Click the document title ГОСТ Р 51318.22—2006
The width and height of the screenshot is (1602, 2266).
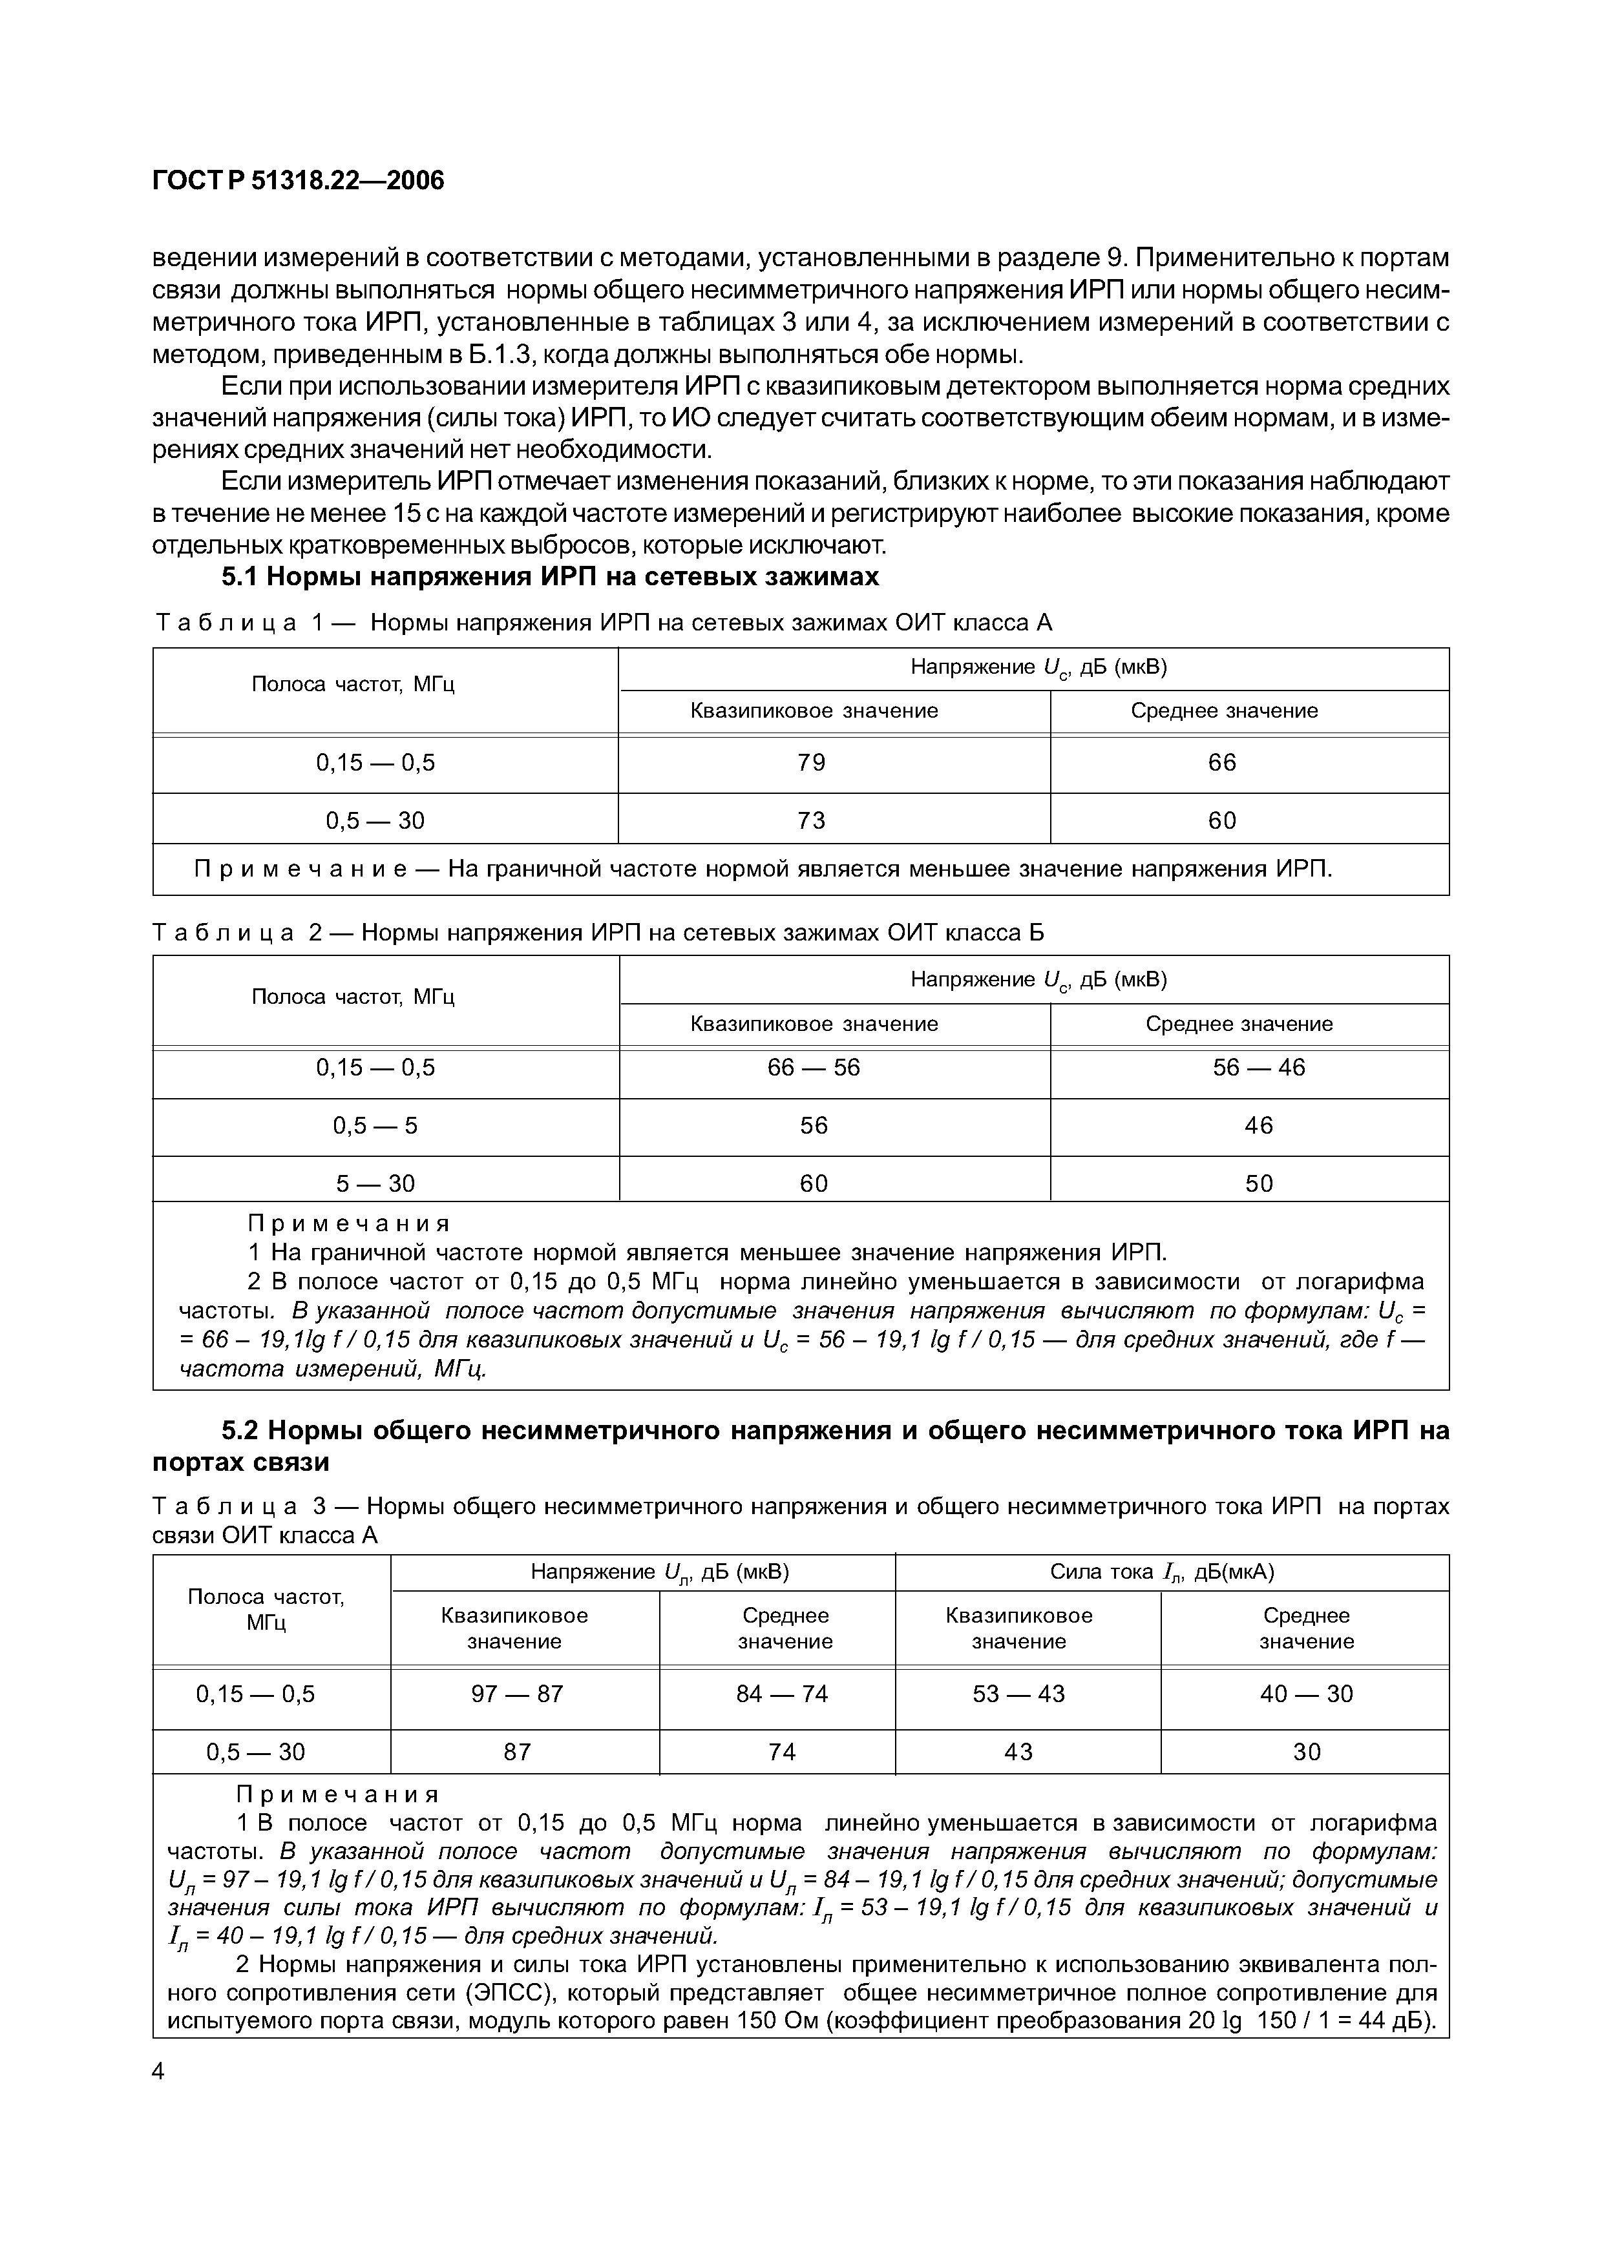pyautogui.click(x=298, y=181)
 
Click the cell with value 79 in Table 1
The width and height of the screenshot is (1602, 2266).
pyautogui.click(x=812, y=763)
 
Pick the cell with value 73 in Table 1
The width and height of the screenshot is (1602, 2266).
pyautogui.click(x=812, y=820)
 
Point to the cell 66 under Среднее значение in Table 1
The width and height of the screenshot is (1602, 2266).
pyautogui.click(x=1222, y=763)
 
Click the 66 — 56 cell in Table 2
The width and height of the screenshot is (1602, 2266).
pyautogui.click(x=814, y=1068)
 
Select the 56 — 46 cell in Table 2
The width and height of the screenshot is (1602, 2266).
pyautogui.click(x=1258, y=1068)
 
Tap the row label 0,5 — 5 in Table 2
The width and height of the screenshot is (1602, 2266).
pyautogui.click(x=375, y=1125)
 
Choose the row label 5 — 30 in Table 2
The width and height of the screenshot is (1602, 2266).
pyautogui.click(x=375, y=1183)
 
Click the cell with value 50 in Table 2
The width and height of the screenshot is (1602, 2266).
pyautogui.click(x=1258, y=1183)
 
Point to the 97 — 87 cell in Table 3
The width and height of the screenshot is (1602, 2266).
pyautogui.click(x=517, y=1694)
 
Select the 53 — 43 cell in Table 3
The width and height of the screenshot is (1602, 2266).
pyautogui.click(x=1018, y=1694)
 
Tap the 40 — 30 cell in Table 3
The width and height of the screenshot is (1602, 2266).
pyautogui.click(x=1306, y=1694)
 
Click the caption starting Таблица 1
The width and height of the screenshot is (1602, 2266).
pyautogui.click(x=604, y=623)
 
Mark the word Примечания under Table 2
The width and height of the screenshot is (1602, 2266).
pyautogui.click(x=348, y=1225)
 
